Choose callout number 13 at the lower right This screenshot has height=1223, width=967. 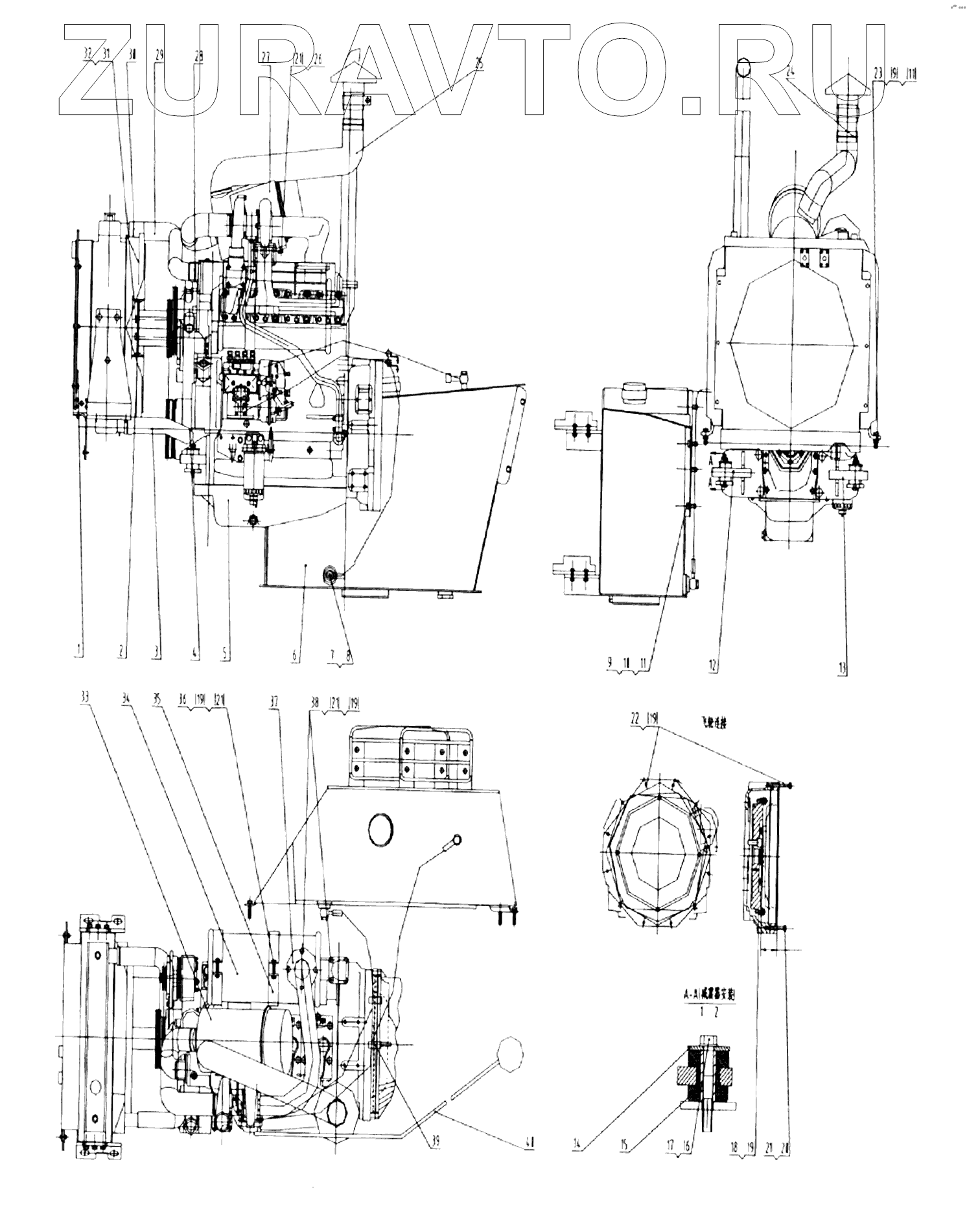tap(843, 665)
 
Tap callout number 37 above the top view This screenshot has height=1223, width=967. tap(276, 700)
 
